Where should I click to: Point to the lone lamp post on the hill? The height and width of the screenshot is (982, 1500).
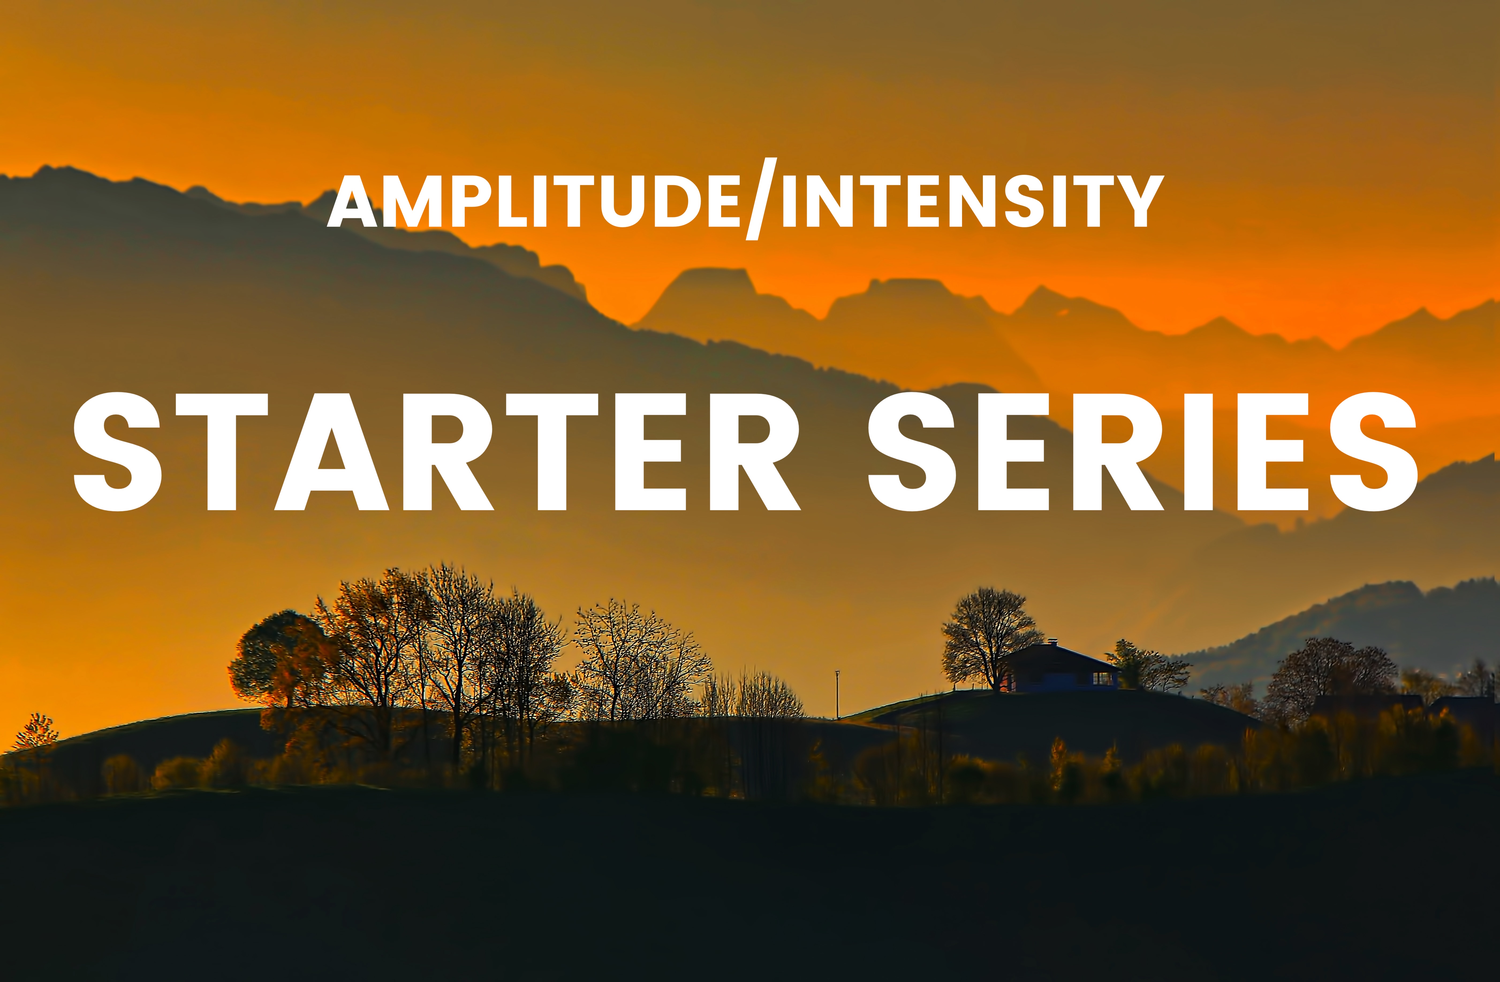pos(837,693)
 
